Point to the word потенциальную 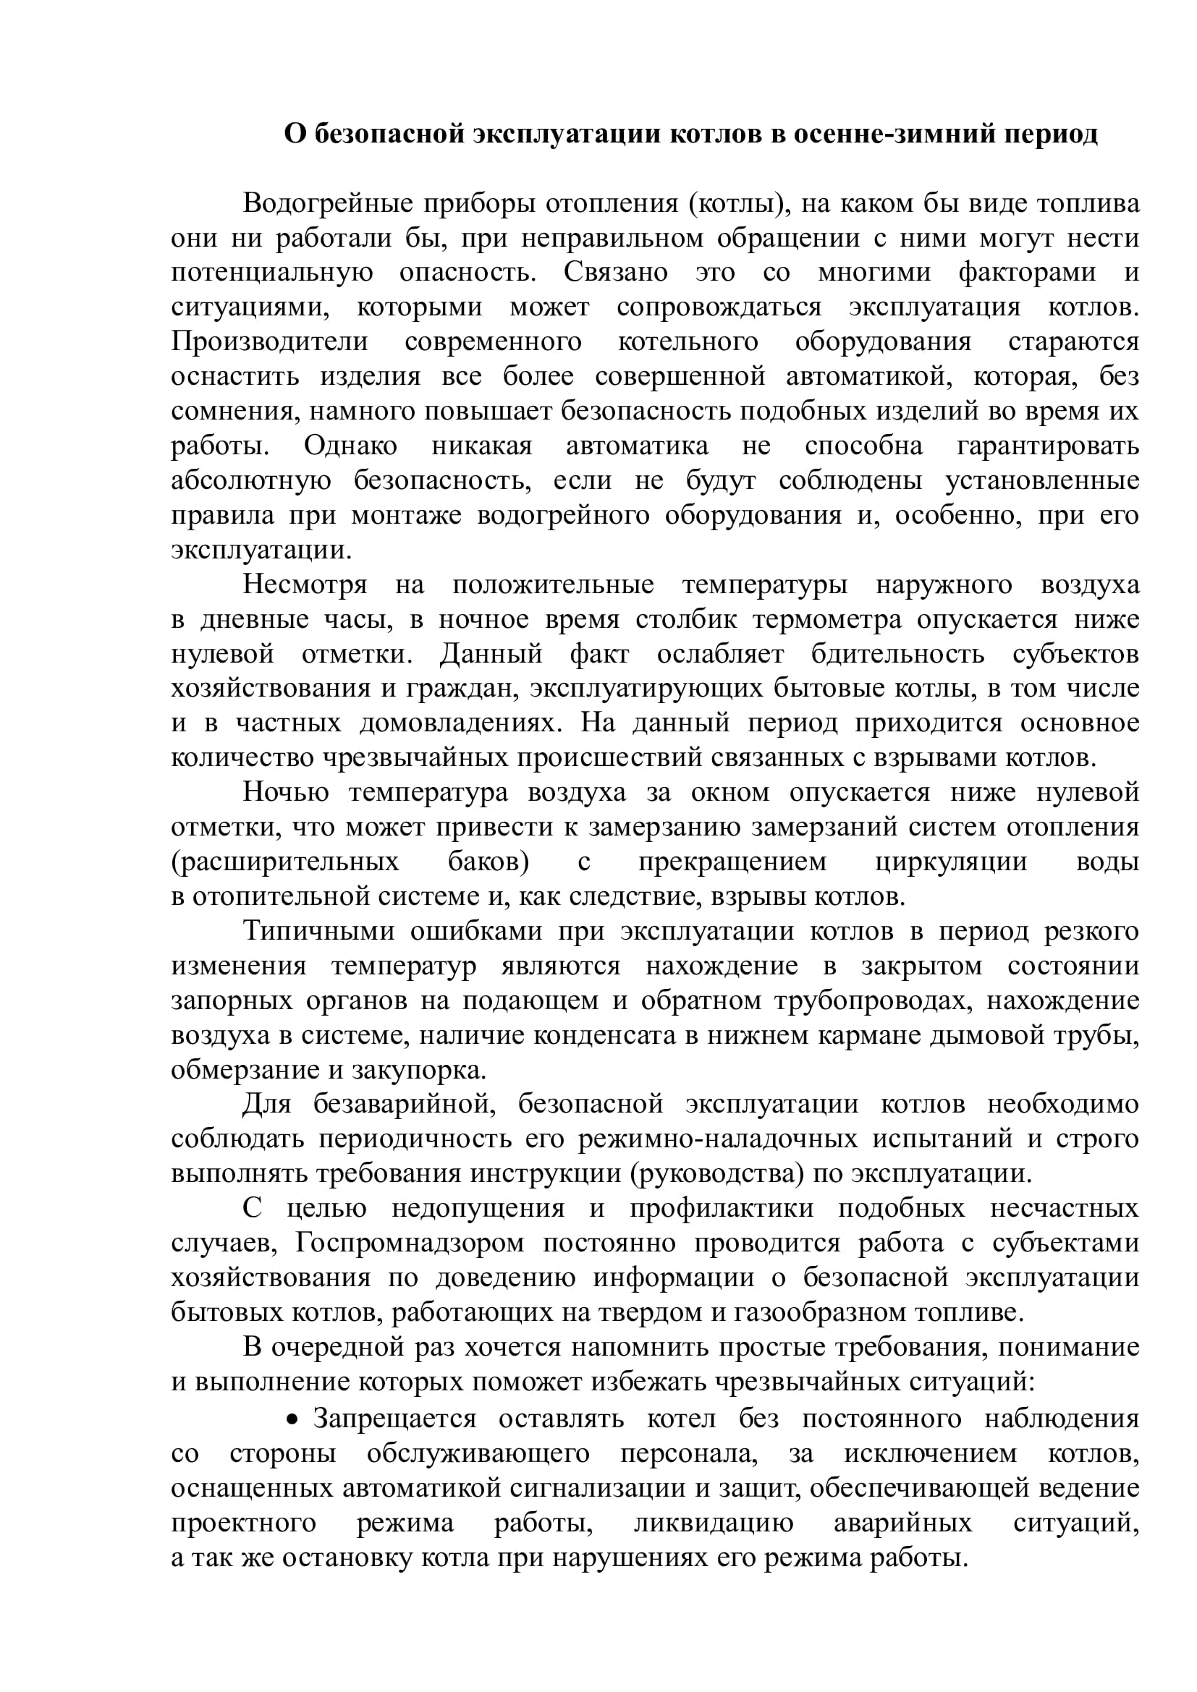(x=272, y=273)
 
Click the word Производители (x=269, y=342)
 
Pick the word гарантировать (x=1047, y=446)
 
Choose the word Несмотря (x=305, y=585)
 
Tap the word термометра (x=827, y=620)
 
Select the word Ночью (x=286, y=793)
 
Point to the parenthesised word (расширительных (x=285, y=862)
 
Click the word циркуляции (x=952, y=862)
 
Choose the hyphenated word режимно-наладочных (x=717, y=1139)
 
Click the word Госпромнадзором (x=410, y=1244)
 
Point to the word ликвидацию (x=714, y=1523)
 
